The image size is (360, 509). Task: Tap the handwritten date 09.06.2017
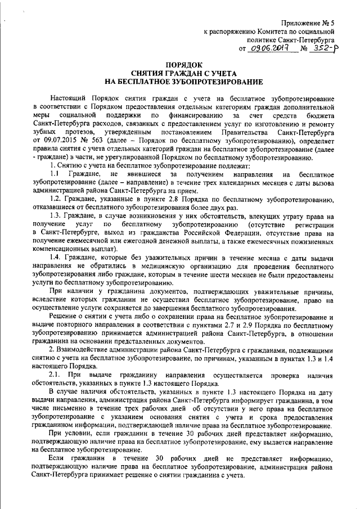click(x=271, y=49)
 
